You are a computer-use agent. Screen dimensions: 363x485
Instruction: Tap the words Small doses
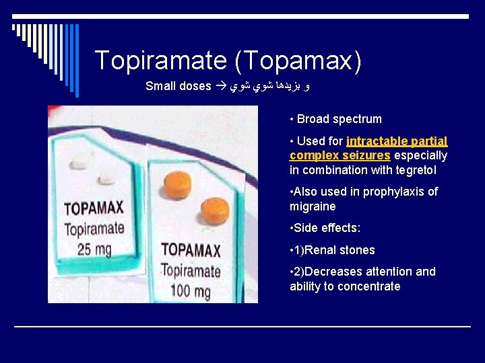tap(178, 86)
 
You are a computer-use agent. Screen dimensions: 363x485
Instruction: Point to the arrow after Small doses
tap(220, 86)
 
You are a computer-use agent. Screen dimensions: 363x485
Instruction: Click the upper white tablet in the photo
tap(79, 163)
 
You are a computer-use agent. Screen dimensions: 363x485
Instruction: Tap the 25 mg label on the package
tap(94, 249)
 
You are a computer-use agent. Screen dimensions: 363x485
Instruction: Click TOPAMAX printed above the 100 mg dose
tap(191, 251)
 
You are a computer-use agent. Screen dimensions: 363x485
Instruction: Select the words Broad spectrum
tap(339, 119)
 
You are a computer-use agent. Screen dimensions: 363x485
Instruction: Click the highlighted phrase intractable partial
tap(397, 141)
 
